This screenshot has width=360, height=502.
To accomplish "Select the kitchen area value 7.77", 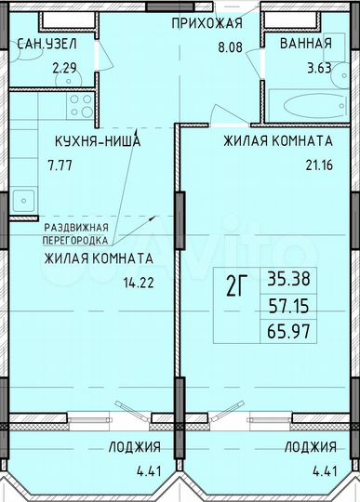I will (x=57, y=171).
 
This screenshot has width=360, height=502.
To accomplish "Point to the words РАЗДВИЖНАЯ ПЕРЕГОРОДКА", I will (x=77, y=232).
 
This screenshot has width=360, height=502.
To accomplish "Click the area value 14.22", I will (x=138, y=285).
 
